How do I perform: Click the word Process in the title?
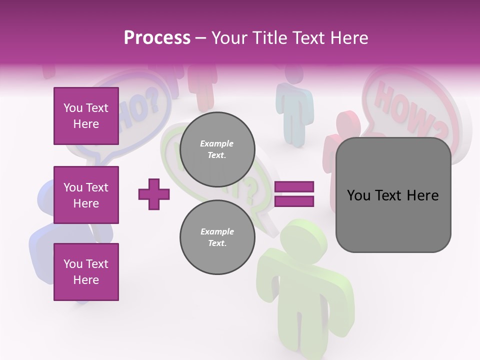coord(157,38)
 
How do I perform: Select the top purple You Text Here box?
coord(86,116)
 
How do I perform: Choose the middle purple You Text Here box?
coord(86,195)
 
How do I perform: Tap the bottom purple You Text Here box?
coord(86,272)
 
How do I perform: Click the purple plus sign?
coord(154,193)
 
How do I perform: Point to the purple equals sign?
coord(294,194)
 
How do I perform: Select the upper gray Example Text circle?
coord(217,149)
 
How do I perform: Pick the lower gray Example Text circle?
coord(217,237)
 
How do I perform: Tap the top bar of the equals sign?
coord(294,187)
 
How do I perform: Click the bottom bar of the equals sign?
coord(294,201)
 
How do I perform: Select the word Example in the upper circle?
coord(217,143)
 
